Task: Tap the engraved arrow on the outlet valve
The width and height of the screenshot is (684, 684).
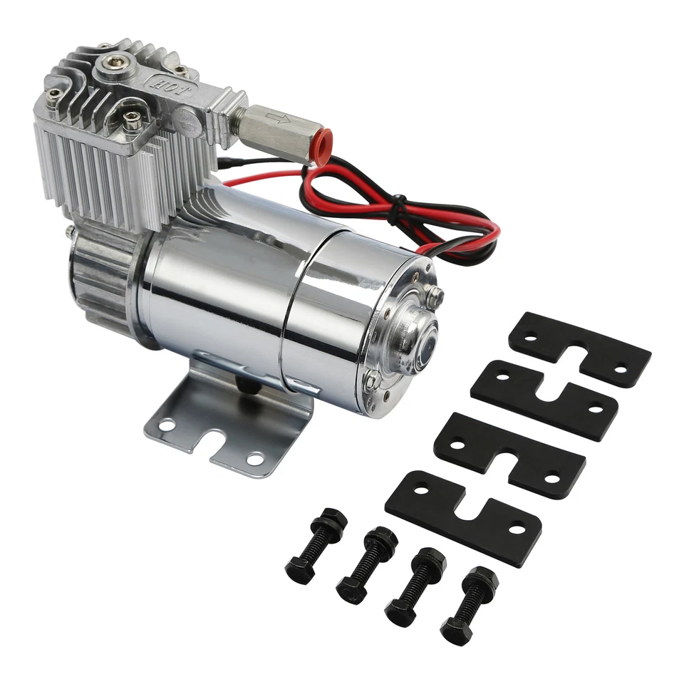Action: coord(274,117)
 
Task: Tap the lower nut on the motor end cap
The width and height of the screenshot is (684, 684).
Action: coord(372,382)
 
